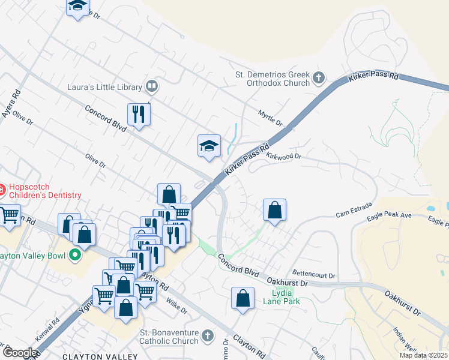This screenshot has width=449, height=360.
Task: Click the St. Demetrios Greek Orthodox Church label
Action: coord(272,79)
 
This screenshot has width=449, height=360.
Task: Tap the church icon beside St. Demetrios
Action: coord(318,77)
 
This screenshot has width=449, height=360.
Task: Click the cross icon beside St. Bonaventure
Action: coord(207,335)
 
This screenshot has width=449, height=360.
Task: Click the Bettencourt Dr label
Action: coord(313,274)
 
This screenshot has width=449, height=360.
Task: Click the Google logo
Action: coord(20,353)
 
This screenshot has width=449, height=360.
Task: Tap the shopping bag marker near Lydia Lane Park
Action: coord(243,298)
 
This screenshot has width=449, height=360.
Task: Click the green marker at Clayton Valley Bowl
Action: coord(75,256)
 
